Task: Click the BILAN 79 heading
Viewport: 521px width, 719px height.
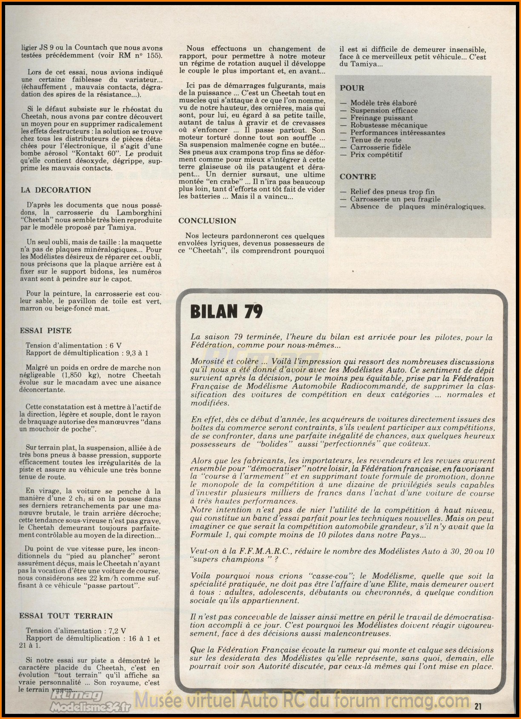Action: point(226,312)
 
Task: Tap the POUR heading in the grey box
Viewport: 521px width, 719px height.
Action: point(352,88)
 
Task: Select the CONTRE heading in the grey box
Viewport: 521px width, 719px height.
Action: point(358,177)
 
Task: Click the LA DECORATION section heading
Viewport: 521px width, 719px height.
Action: point(56,190)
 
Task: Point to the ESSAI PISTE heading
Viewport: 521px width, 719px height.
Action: point(46,330)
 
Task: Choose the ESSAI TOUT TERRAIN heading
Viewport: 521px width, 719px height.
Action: point(66,616)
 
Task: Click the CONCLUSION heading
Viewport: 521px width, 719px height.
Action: point(207,221)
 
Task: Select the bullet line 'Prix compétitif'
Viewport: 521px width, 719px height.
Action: point(376,155)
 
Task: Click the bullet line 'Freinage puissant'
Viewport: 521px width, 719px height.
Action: point(381,118)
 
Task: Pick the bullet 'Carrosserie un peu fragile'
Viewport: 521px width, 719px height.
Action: point(395,199)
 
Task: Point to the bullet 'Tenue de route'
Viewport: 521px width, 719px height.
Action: point(376,140)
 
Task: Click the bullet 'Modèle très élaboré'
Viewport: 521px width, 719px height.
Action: point(384,103)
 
